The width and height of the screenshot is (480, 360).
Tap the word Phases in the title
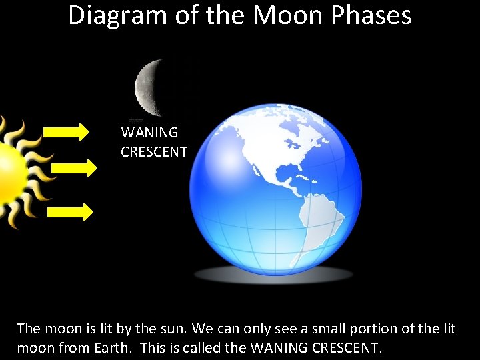click(x=373, y=15)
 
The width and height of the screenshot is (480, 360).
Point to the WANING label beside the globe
click(x=149, y=133)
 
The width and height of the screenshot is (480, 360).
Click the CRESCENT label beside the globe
click(x=154, y=152)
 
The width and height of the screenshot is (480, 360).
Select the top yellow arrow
click(x=69, y=132)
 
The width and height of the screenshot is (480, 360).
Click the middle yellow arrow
click(x=74, y=169)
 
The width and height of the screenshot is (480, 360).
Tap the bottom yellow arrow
click(x=70, y=213)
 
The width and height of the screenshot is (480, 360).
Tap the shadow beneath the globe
click(x=273, y=274)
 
